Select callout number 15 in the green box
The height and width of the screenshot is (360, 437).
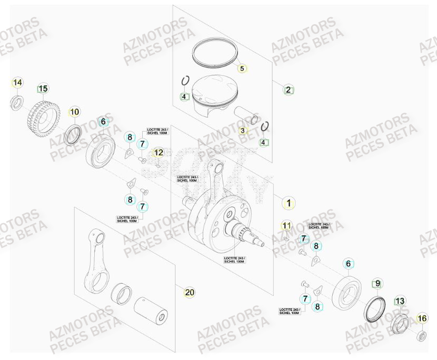pos(43,88)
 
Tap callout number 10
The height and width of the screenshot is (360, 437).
pos(75,112)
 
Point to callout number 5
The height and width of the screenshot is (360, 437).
pos(242,68)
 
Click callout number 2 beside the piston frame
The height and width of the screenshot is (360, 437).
pos(289,89)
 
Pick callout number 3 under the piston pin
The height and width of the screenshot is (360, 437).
pos(242,131)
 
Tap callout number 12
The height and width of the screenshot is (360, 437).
pos(158,153)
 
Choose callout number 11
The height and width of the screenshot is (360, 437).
pos(286,226)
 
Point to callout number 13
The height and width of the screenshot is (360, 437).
pos(400,301)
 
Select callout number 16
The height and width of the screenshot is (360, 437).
pos(422,318)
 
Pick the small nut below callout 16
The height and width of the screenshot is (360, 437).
pos(421,336)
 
